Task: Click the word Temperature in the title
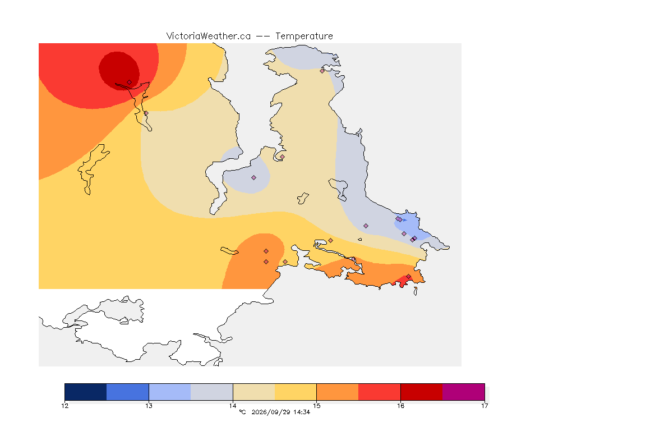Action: point(304,36)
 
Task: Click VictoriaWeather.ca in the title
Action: point(209,36)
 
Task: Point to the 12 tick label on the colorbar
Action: point(64,406)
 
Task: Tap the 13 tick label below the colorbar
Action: point(149,406)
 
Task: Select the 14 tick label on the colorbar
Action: point(233,406)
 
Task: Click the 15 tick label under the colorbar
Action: point(316,406)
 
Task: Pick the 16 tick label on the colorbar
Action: point(400,406)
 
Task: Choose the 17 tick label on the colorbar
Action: point(484,406)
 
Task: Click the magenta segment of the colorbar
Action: point(464,392)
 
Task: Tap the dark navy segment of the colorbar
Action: point(86,392)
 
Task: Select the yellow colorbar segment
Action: point(296,392)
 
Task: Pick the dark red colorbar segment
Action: point(422,392)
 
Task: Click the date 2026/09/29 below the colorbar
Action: point(270,412)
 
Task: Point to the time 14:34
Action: point(302,412)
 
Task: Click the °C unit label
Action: point(242,412)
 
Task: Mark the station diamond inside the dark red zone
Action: point(130,82)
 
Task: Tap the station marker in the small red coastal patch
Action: point(408,277)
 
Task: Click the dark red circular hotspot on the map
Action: point(119,71)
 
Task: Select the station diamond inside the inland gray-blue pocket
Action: point(254,178)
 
